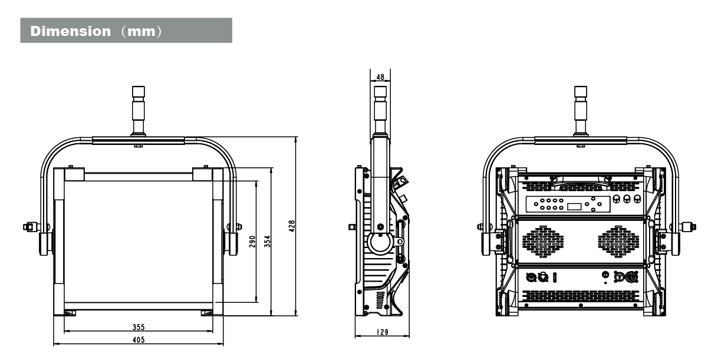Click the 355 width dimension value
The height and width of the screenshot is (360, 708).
tap(139, 327)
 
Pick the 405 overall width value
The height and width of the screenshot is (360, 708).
tap(139, 341)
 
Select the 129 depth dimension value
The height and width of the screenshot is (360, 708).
tap(382, 332)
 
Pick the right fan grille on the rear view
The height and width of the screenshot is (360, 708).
tap(618, 242)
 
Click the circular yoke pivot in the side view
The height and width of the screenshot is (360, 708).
tap(378, 242)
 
